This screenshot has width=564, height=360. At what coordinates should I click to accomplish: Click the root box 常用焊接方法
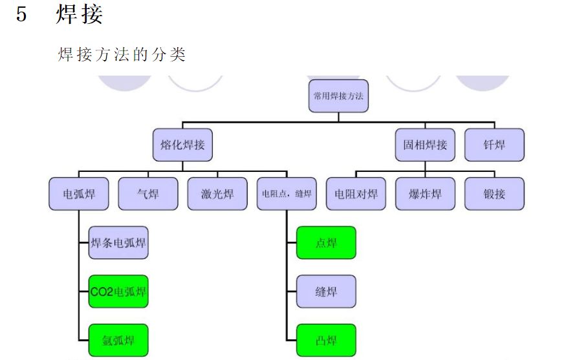pos(338,96)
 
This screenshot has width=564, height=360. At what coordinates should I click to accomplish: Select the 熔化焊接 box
pos(182,145)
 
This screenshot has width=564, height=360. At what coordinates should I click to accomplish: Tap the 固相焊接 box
pos(425,145)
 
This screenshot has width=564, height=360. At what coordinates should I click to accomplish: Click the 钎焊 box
pos(494,145)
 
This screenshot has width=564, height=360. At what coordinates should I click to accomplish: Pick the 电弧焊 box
pos(78,193)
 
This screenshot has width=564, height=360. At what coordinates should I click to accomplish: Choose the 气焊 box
pos(148,193)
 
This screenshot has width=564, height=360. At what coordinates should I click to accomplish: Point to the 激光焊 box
pos(217,193)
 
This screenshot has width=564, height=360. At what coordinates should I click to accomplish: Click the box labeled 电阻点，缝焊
pos(287,193)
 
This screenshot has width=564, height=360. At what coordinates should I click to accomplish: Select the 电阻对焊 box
pos(356,193)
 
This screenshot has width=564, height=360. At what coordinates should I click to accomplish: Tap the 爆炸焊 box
pos(425,193)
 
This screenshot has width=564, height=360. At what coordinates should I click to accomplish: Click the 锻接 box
pos(494,193)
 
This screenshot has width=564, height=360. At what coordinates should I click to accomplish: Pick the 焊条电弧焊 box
pos(118,243)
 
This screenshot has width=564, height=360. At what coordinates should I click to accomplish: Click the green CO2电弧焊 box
pos(118,291)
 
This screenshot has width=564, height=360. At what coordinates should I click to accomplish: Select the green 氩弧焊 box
pos(118,339)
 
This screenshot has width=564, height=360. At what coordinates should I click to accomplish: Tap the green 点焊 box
pos(326,243)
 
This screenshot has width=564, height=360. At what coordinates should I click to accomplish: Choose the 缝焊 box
pos(326,291)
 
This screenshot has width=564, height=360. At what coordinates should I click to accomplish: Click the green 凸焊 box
pos(326,339)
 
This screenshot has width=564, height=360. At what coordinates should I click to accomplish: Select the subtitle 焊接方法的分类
pos(122,54)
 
